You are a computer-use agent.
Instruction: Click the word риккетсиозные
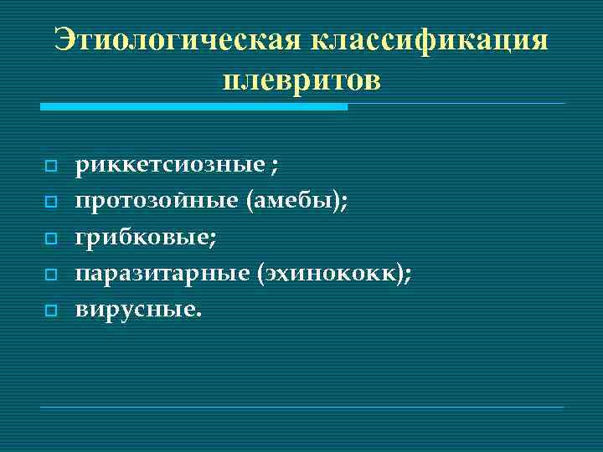click(x=170, y=166)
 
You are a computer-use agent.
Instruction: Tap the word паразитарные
click(x=163, y=274)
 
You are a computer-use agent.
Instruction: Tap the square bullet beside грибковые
click(x=50, y=239)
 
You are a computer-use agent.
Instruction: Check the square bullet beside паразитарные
click(x=50, y=275)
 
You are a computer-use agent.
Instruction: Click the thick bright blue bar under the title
click(x=193, y=107)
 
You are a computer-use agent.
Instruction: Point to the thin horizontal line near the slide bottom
click(x=302, y=407)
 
